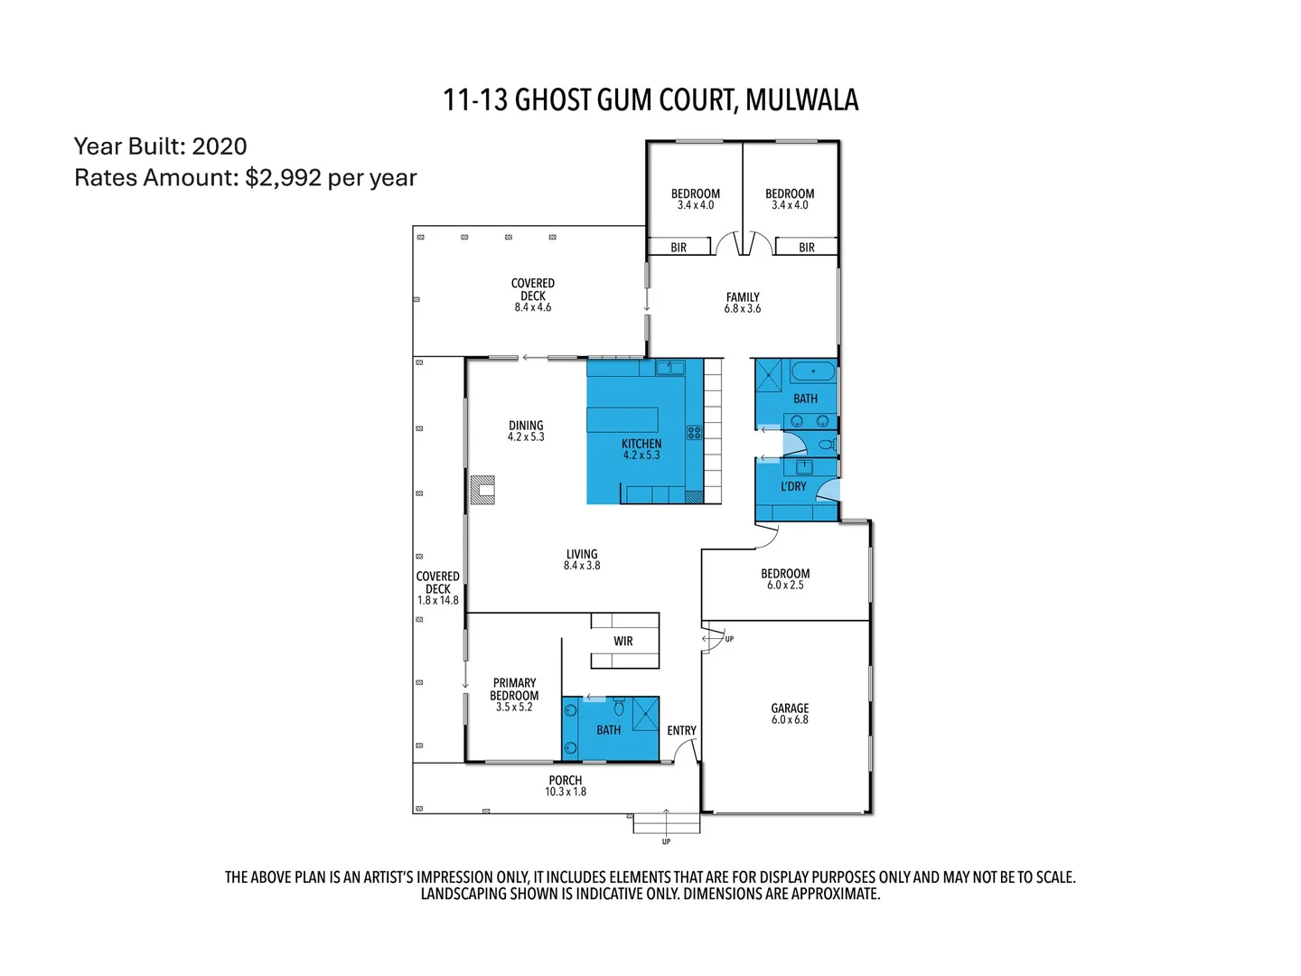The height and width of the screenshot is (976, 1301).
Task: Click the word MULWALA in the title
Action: point(801,99)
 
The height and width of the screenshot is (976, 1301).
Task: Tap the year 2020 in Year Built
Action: point(220,146)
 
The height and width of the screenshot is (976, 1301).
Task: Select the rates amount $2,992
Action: point(283,177)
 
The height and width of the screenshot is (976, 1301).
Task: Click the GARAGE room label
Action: point(790,709)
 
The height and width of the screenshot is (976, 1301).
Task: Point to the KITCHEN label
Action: point(641,444)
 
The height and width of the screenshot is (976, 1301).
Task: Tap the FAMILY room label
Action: point(743,296)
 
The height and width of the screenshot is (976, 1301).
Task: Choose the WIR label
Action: point(623,641)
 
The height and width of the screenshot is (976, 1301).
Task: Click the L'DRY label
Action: point(793,486)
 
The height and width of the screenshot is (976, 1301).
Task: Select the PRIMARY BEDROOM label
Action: point(514,690)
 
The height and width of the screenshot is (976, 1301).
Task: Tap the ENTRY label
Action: point(681,730)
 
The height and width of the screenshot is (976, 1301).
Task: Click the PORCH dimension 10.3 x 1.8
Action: point(566,792)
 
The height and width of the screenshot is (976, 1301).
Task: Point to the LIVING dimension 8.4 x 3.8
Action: point(582,566)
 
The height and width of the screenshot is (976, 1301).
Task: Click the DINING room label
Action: point(526,425)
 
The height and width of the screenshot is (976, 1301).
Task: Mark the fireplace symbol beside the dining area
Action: point(483,490)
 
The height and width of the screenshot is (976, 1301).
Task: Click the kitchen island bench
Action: point(622,420)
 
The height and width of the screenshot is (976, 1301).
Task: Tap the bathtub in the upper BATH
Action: point(814,371)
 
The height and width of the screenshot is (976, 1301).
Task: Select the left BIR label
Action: point(679,247)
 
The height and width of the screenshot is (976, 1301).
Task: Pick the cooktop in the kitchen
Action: point(694,433)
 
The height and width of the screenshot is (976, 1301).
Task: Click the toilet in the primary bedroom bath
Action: point(619,706)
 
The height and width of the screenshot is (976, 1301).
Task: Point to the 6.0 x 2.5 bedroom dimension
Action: point(785,586)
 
